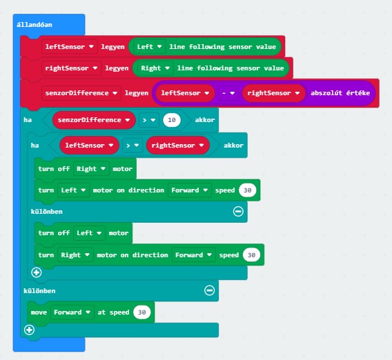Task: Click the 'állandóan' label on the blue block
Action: (x=35, y=25)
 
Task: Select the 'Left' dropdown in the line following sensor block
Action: (x=149, y=47)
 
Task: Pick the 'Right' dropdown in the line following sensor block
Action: (x=155, y=68)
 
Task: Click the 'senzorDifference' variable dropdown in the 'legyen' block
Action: (x=81, y=93)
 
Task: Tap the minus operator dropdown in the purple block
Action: (x=228, y=93)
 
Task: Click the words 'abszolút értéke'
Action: (x=340, y=93)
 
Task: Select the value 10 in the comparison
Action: (x=172, y=120)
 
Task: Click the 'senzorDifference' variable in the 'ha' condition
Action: (x=94, y=120)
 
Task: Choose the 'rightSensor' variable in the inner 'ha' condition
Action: (x=178, y=146)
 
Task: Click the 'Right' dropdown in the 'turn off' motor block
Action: (x=91, y=169)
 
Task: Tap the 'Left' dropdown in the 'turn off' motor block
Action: (x=89, y=233)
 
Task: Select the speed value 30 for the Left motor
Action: (x=248, y=190)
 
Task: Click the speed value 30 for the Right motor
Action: (x=251, y=254)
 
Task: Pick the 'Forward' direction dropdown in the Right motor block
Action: (x=193, y=254)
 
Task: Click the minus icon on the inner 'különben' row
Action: (x=238, y=211)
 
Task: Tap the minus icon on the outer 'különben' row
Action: (x=209, y=290)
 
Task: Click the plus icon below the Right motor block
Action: (x=37, y=272)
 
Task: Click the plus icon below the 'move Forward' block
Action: (x=29, y=330)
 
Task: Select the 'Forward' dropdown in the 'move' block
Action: (x=72, y=312)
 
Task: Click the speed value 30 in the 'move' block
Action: (x=142, y=312)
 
